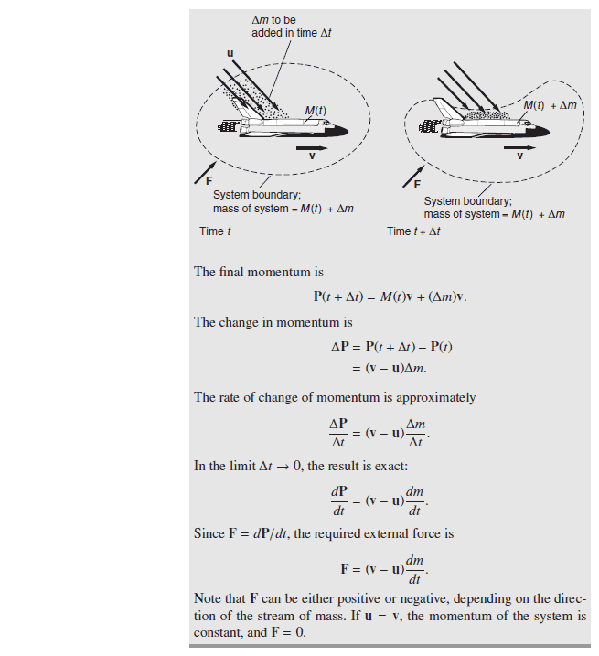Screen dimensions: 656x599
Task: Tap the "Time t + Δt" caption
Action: (413, 231)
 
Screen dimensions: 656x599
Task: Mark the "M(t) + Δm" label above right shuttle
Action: (551, 105)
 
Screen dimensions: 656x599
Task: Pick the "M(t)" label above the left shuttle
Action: (316, 111)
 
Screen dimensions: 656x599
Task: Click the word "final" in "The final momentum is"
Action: (232, 272)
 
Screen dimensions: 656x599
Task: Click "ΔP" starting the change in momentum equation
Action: (339, 348)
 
